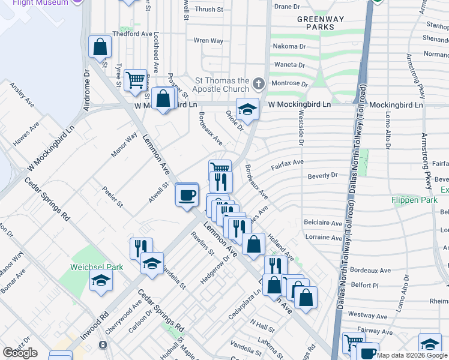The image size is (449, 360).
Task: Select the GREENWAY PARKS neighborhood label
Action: click(321, 23)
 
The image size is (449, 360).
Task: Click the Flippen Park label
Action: click(414, 200)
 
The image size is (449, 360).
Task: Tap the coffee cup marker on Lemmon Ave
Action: click(187, 194)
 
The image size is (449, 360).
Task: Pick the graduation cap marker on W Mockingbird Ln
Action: click(247, 109)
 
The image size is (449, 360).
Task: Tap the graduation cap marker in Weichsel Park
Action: click(101, 280)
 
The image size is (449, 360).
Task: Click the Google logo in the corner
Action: click(20, 353)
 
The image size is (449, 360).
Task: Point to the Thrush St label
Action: click(208, 10)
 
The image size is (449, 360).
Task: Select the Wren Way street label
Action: click(208, 41)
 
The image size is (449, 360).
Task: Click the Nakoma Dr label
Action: click(290, 46)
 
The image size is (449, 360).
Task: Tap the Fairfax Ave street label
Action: click(288, 163)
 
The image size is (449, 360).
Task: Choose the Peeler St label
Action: click(112, 197)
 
